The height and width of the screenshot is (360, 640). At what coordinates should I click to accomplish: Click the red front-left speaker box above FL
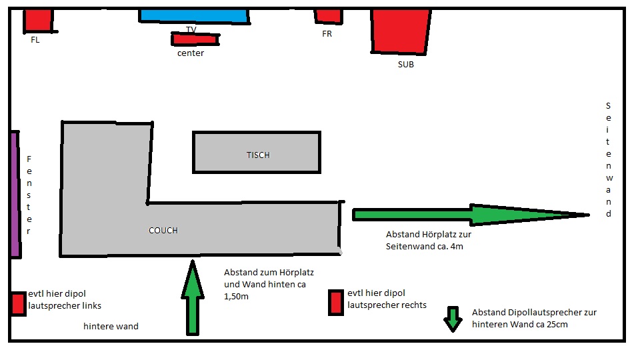coord(38,20)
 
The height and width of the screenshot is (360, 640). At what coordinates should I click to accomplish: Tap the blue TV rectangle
coord(193,15)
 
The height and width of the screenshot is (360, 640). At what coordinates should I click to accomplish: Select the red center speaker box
coord(194,39)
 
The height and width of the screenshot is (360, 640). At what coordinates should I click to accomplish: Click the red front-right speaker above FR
coord(328,15)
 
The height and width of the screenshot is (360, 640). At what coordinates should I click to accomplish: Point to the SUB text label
coord(405,65)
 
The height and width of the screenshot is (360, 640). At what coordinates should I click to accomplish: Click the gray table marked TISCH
coord(256,152)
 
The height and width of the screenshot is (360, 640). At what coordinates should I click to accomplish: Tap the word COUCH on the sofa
coord(163,231)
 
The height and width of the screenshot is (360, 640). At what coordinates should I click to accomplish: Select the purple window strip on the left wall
coord(14,193)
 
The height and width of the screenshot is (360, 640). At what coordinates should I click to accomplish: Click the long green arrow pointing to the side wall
coord(467,214)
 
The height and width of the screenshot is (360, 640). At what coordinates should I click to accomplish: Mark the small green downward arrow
coord(453,319)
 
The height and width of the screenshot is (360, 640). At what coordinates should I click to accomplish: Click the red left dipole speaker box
coord(18,304)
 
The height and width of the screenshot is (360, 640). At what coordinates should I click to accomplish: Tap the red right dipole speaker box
coord(336,302)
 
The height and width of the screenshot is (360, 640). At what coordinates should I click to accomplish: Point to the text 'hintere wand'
coord(111,327)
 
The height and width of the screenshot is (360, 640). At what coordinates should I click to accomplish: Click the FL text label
coord(35,40)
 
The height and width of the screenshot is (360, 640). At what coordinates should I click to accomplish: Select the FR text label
coord(327,34)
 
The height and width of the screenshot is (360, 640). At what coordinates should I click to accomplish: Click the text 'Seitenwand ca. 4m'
coord(423,247)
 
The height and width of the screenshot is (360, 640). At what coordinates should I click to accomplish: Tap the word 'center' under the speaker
coord(191,53)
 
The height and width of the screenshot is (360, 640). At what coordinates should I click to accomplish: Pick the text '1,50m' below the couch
coord(237,296)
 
